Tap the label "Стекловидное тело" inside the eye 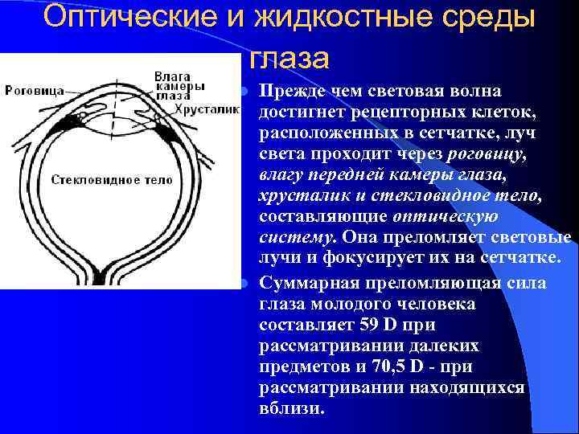112,180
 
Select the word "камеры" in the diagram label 180,86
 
